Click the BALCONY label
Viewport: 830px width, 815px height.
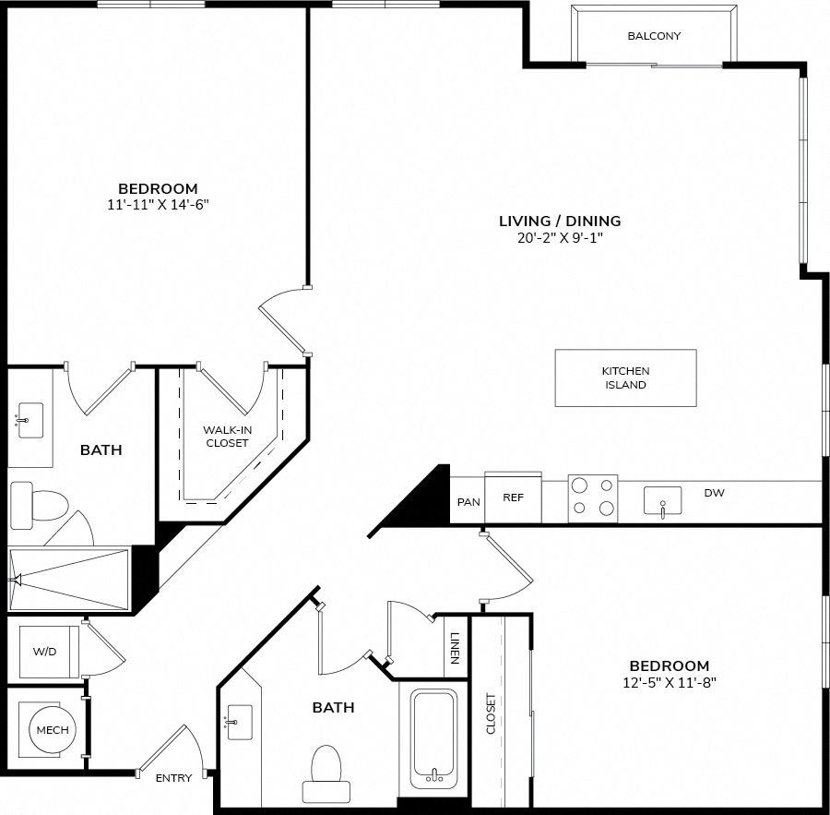pyautogui.click(x=654, y=36)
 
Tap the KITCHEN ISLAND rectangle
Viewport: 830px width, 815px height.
pyautogui.click(x=625, y=378)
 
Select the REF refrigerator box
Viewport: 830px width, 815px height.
pyautogui.click(x=513, y=497)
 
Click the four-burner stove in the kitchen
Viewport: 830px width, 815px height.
pyautogui.click(x=593, y=498)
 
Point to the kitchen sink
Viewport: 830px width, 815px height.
pyautogui.click(x=662, y=501)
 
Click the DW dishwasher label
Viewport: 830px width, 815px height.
pyautogui.click(x=714, y=493)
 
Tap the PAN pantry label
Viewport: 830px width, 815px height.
pyautogui.click(x=468, y=502)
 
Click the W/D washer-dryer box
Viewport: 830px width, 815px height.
pyautogui.click(x=49, y=652)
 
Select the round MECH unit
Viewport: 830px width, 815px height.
pyautogui.click(x=53, y=730)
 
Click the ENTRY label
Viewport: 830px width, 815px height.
pyautogui.click(x=173, y=778)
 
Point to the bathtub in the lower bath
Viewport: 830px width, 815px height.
pyautogui.click(x=434, y=738)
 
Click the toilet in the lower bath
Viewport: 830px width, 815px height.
pyautogui.click(x=326, y=773)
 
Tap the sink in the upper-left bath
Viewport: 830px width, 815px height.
pyautogui.click(x=30, y=420)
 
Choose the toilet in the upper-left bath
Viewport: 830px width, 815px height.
pyautogui.click(x=40, y=506)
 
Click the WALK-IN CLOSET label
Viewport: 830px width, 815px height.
pyautogui.click(x=227, y=437)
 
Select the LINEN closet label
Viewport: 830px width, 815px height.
pyautogui.click(x=455, y=648)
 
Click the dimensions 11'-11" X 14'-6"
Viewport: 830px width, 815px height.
pyautogui.click(x=159, y=205)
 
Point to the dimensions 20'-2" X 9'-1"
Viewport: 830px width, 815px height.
pyautogui.click(x=560, y=237)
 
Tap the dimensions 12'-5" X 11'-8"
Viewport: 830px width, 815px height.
pyautogui.click(x=670, y=682)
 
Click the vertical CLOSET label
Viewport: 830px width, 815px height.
pyautogui.click(x=491, y=713)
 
